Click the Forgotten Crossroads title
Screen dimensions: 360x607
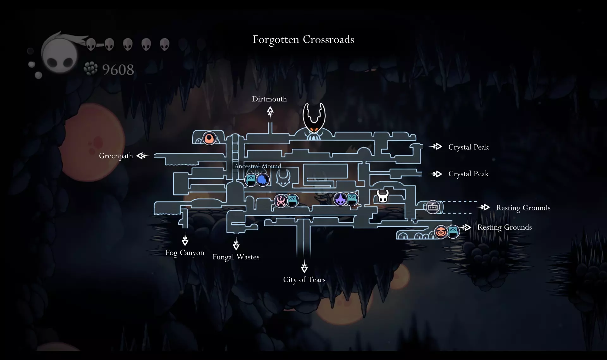[x=303, y=40]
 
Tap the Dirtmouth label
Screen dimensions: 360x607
[x=269, y=99]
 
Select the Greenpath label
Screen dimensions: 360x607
[x=116, y=156]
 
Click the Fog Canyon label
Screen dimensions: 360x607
[x=185, y=253]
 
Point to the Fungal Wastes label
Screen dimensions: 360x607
[x=236, y=257]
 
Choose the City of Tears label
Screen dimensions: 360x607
[x=304, y=280]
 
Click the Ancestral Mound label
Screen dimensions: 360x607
[x=258, y=166]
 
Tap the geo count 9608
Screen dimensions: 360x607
[x=118, y=70]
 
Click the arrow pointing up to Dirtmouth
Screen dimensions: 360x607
[x=270, y=112]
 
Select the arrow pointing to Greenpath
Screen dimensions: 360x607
[x=143, y=156]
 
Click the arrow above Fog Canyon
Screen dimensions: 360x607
[x=185, y=239]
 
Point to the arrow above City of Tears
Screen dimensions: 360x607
[x=304, y=266]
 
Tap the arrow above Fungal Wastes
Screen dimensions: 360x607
[x=236, y=244]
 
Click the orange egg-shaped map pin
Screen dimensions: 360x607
[x=209, y=138]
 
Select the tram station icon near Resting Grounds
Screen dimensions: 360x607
[x=433, y=207]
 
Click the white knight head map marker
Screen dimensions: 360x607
[x=383, y=196]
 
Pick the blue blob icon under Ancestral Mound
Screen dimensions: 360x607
[x=262, y=180]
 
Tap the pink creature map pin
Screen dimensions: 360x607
[x=280, y=201]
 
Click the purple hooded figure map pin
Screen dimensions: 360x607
[x=340, y=199]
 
